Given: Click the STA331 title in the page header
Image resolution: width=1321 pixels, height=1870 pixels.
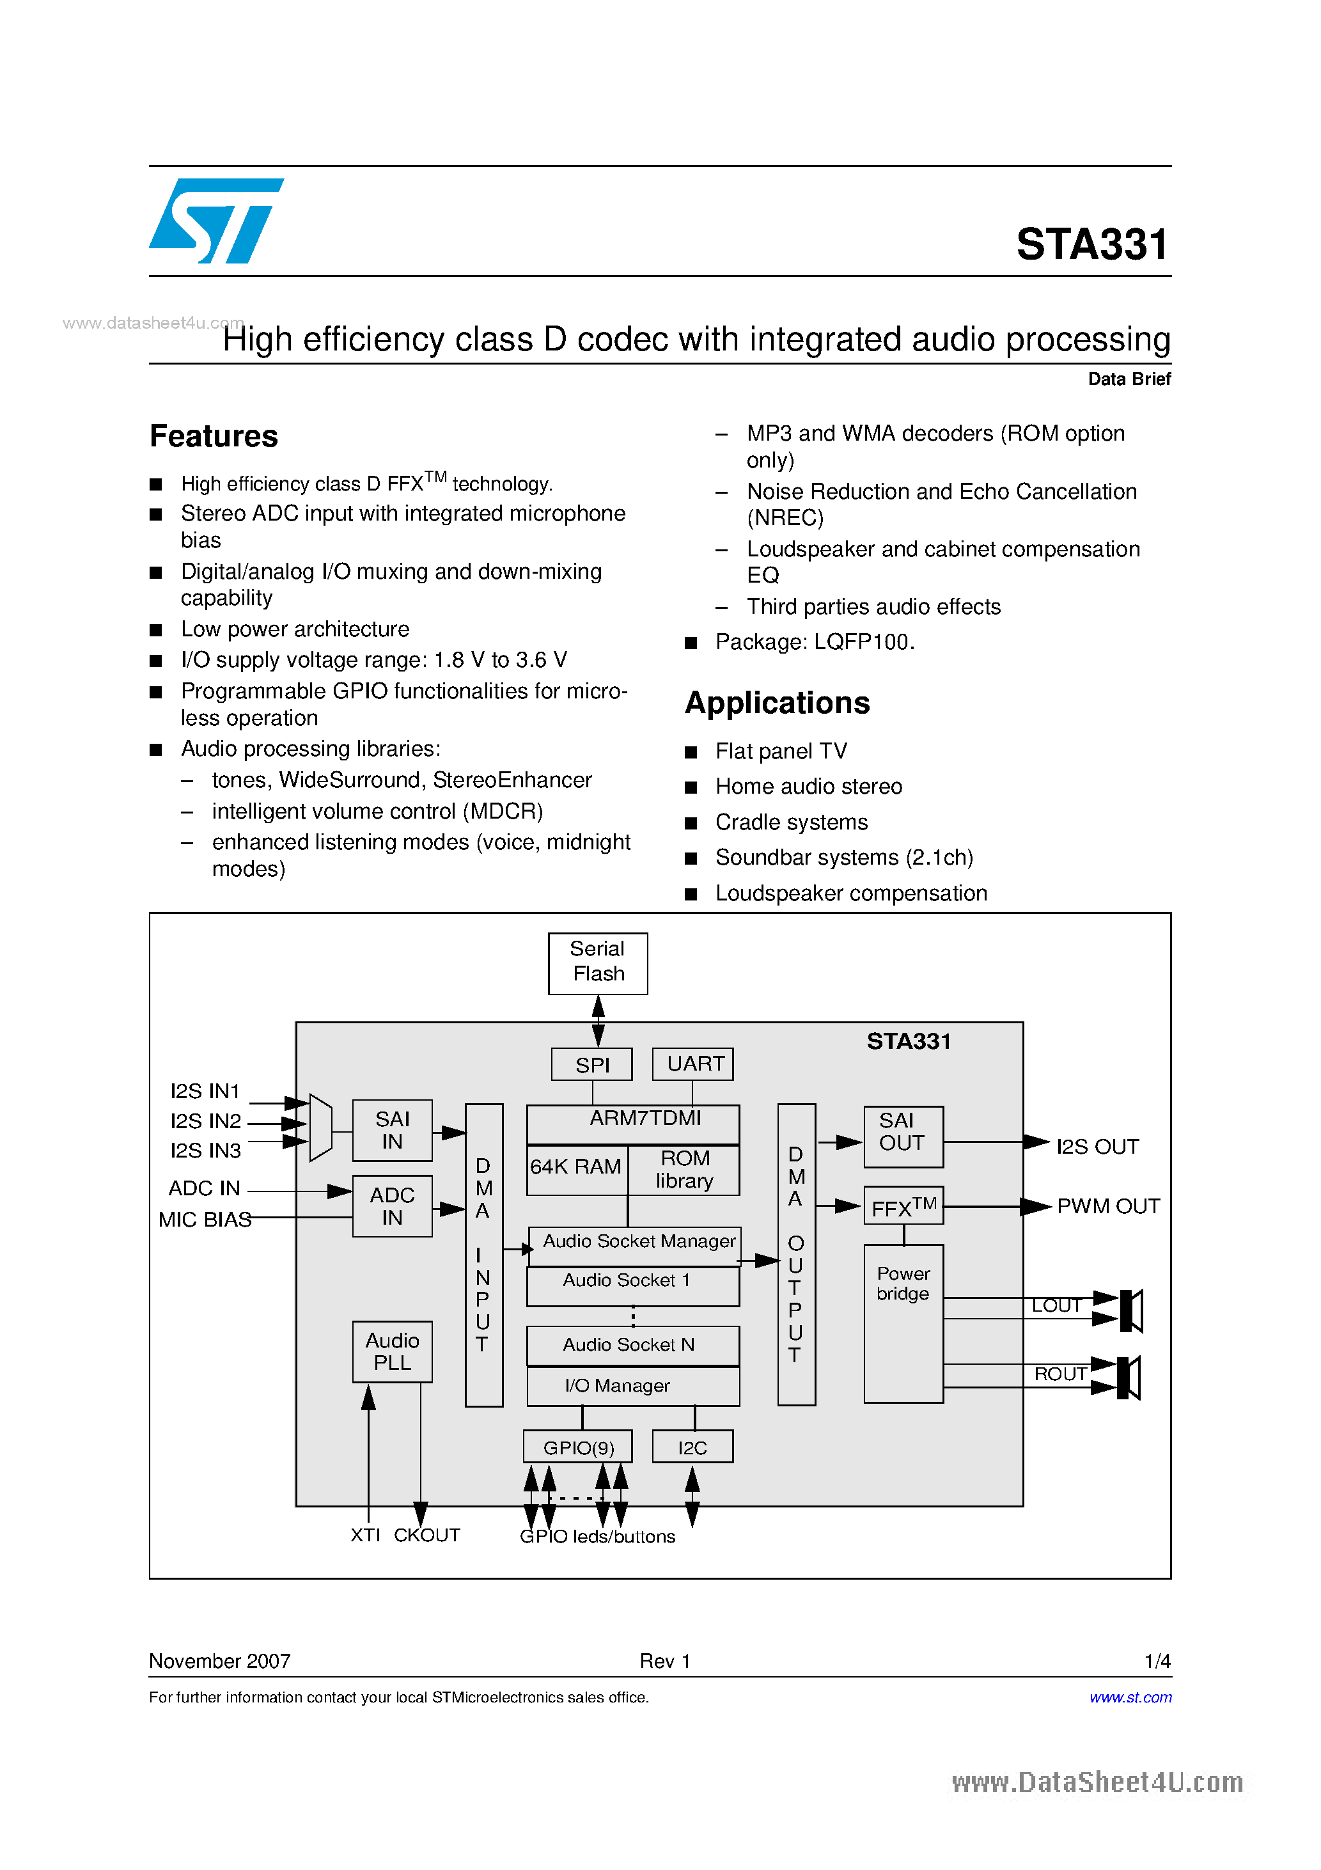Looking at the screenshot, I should (x=1091, y=244).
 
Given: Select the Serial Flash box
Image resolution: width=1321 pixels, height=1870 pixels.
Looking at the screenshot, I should (x=598, y=962).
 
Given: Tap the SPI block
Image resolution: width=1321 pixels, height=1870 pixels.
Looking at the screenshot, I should (x=591, y=1064).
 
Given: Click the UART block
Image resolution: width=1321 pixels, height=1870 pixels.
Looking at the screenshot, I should (x=693, y=1064).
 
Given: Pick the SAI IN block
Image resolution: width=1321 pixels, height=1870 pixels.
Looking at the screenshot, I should (x=392, y=1131).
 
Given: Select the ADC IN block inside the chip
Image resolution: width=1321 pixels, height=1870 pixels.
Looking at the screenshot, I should (x=392, y=1206).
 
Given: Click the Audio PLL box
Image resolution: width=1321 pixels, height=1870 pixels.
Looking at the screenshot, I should (x=392, y=1352).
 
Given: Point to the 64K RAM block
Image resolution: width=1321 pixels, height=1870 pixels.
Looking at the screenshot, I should (x=576, y=1167).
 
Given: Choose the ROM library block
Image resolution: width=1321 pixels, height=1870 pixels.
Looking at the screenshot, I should (x=684, y=1170).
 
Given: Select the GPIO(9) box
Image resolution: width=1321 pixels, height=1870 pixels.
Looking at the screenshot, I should (x=578, y=1447).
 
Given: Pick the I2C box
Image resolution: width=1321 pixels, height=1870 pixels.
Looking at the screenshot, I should (x=692, y=1447).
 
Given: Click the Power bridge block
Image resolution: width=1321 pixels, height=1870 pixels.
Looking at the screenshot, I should (x=903, y=1323).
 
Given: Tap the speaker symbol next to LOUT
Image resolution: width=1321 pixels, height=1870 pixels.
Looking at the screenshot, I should (x=1131, y=1310).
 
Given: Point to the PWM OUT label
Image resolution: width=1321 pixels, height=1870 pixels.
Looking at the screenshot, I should (x=1107, y=1206).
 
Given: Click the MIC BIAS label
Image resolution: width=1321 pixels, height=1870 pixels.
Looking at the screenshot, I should (x=205, y=1219).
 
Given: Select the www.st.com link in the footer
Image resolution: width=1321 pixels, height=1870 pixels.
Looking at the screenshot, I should (x=1130, y=1697).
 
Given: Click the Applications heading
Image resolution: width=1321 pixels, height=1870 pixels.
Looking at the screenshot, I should (x=777, y=703).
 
